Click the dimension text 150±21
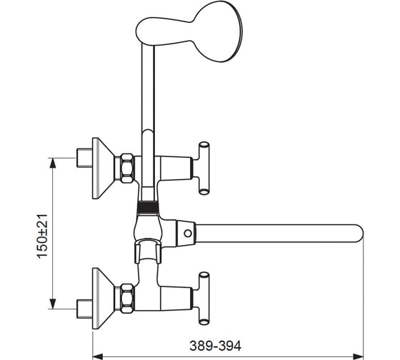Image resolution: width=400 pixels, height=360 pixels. click(x=43, y=236)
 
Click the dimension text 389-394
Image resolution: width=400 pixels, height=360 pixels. click(x=215, y=346)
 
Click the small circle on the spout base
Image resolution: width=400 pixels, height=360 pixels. click(x=188, y=233)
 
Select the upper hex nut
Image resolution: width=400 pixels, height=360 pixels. click(x=127, y=168)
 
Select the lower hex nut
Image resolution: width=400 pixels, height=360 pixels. click(x=127, y=299)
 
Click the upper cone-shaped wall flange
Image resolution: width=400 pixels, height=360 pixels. click(x=103, y=169)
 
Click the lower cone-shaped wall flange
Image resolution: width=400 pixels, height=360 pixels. click(x=103, y=299)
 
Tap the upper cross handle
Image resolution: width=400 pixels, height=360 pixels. click(x=204, y=169)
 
